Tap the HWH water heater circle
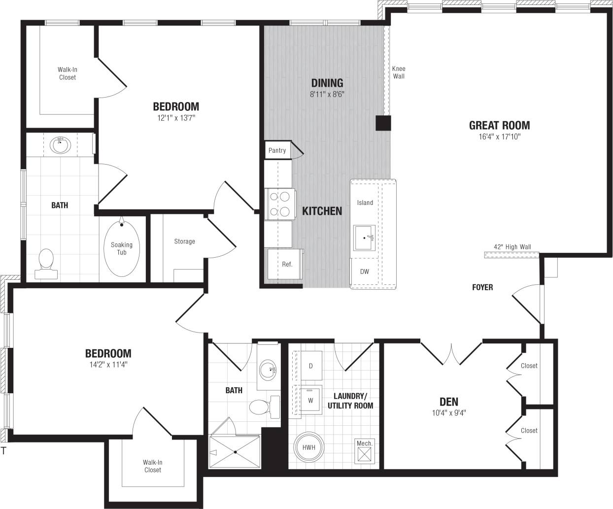pos(308,447)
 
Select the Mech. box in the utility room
pos(365,450)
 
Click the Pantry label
pos(277,150)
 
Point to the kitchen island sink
pos(365,238)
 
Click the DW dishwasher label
pos(365,271)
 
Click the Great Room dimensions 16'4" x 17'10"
pos(499,137)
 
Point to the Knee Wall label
pos(399,72)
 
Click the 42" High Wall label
pos(512,247)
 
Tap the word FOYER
pos(482,287)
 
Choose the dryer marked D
pos(310,366)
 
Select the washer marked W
pos(310,400)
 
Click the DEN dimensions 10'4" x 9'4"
pos(448,413)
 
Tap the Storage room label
pos(184,241)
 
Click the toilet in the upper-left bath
pos(46,260)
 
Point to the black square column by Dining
pos(383,123)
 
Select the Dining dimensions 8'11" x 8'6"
pos(327,94)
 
